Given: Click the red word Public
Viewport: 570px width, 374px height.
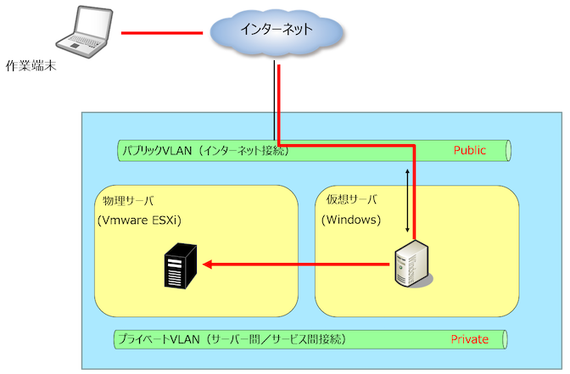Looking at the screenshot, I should point(469,150).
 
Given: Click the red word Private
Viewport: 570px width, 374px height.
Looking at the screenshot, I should point(469,339).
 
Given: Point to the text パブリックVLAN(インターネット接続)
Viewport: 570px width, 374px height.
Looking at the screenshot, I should point(204,151).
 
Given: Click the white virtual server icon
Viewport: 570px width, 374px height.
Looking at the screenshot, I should point(413,264).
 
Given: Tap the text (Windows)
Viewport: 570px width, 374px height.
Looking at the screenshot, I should point(351,220).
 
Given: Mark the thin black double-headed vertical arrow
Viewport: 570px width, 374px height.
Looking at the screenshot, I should point(409,200).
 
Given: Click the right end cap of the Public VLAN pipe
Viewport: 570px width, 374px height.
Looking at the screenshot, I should point(507,151).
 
